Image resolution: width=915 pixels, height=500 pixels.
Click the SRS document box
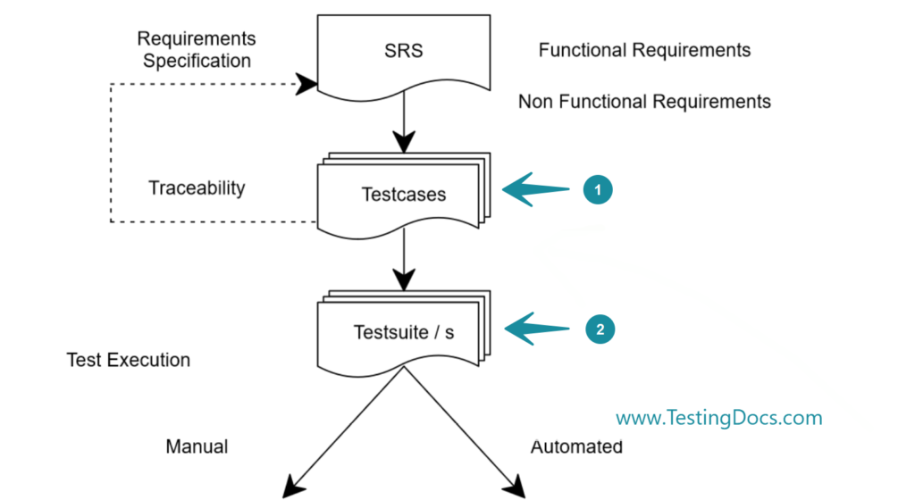(404, 54)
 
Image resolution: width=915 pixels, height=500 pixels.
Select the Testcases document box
(404, 195)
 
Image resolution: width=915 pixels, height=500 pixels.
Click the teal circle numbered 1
(598, 189)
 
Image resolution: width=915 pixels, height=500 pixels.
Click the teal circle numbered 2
(600, 329)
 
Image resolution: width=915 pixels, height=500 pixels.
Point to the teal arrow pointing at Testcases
(536, 189)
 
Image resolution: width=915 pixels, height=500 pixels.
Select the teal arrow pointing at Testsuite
(538, 329)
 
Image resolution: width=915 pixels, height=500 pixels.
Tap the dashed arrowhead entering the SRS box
(306, 85)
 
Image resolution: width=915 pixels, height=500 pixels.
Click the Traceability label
(197, 188)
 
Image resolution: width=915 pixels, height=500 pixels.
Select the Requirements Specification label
(197, 50)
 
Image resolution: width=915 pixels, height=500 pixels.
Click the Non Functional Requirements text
(644, 102)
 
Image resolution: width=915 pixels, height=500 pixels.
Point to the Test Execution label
(129, 361)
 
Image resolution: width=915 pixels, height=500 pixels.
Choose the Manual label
(197, 446)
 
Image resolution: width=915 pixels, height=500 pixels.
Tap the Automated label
(576, 446)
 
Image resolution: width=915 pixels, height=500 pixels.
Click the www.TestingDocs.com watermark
(719, 417)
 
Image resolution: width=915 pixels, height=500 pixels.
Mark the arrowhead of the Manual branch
(292, 487)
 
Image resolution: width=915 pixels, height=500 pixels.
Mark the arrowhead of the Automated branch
(515, 487)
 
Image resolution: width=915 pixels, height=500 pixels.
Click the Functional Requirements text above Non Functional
(644, 50)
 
